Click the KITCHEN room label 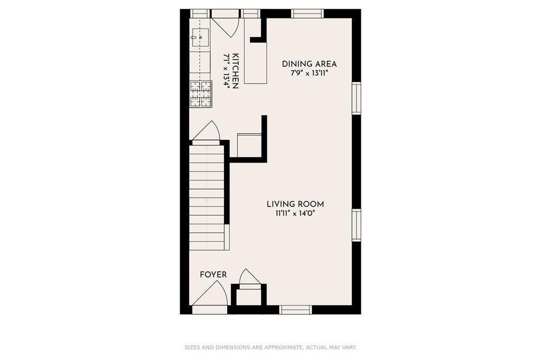point(236,71)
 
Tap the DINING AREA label point(309,64)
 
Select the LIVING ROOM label point(295,204)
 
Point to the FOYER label point(213,274)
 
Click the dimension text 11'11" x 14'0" point(295,213)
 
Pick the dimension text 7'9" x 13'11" point(309,73)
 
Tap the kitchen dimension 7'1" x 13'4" point(227,71)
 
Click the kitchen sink point(200,37)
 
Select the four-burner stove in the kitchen point(200,94)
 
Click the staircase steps point(207,197)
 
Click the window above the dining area point(307,13)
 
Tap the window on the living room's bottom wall point(295,310)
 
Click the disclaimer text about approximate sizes point(270,347)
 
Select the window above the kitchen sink point(200,13)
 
